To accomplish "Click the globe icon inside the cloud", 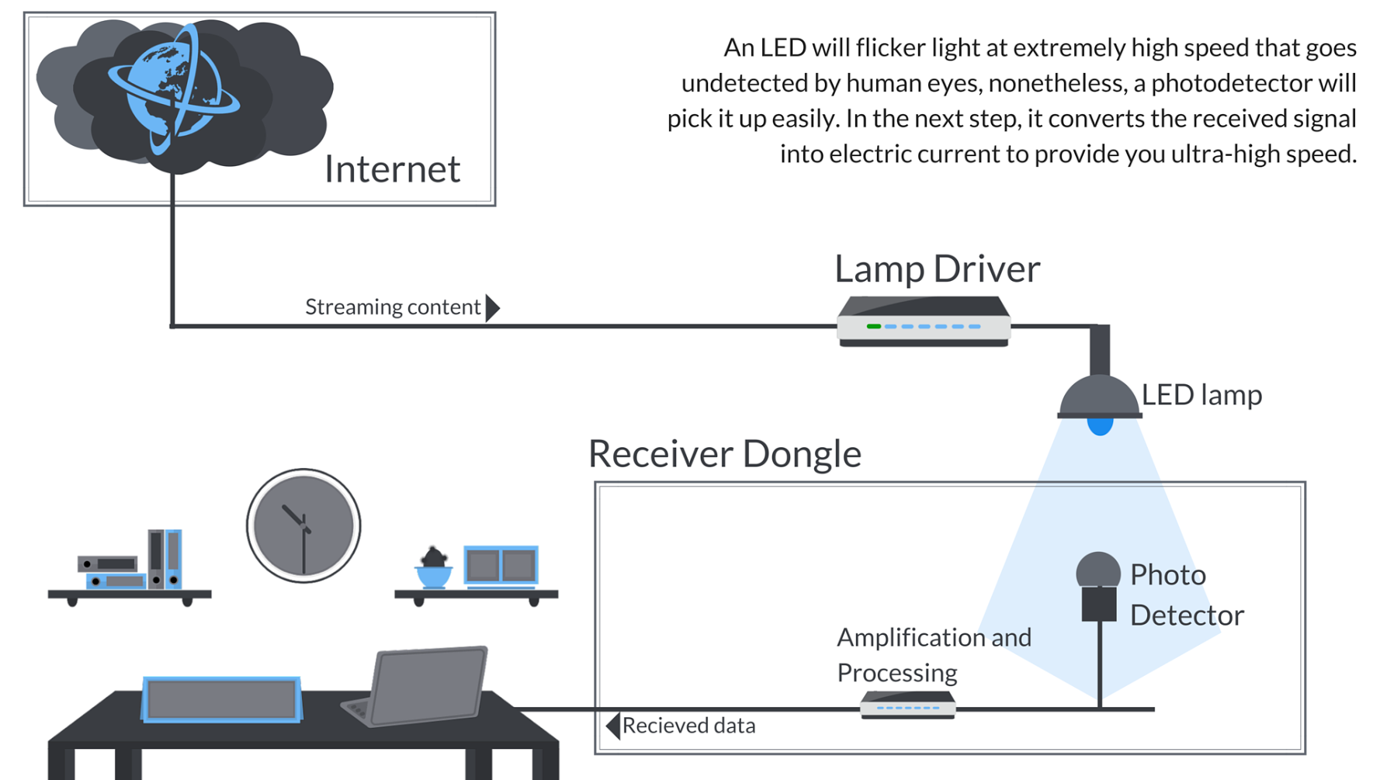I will pyautogui.click(x=172, y=87).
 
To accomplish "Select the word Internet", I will pyautogui.click(x=392, y=169).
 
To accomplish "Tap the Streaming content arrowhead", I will pyautogui.click(x=492, y=307).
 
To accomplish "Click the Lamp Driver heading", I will pyautogui.click(x=937, y=269).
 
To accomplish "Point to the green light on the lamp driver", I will pyautogui.click(x=873, y=327).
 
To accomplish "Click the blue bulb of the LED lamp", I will pyautogui.click(x=1100, y=425).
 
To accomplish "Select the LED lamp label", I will pyautogui.click(x=1201, y=395).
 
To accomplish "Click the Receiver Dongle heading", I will pyautogui.click(x=724, y=453).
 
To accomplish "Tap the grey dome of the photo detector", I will pyautogui.click(x=1097, y=570).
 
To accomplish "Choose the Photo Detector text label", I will pyautogui.click(x=1186, y=595).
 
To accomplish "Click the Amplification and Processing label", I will pyautogui.click(x=934, y=654).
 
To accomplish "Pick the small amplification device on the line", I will pyautogui.click(x=907, y=705).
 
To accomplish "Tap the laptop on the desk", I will pyautogui.click(x=423, y=686).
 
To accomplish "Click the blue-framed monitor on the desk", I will pyautogui.click(x=222, y=699).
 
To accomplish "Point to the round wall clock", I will pyautogui.click(x=303, y=525).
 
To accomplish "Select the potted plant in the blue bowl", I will pyautogui.click(x=434, y=568).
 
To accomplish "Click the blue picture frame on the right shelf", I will pyautogui.click(x=501, y=566).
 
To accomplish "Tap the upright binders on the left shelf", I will pyautogui.click(x=165, y=559).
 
